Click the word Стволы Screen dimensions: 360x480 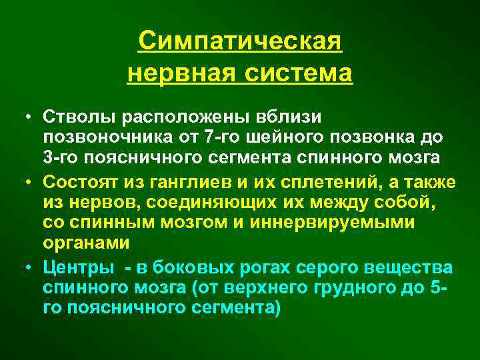(x=73, y=117)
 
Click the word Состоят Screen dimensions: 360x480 (x=77, y=182)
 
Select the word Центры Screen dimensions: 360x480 (x=73, y=267)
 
